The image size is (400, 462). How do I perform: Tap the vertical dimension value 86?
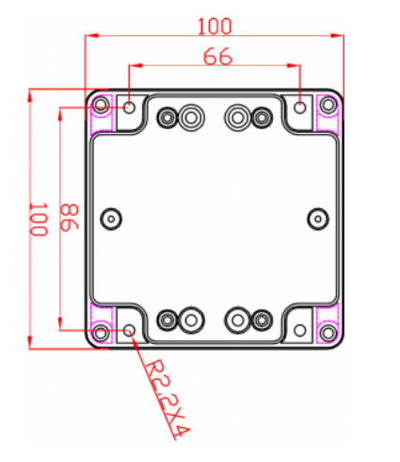click(x=69, y=219)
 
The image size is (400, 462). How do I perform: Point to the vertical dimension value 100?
click(x=39, y=219)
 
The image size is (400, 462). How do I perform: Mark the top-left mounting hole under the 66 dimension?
click(x=130, y=107)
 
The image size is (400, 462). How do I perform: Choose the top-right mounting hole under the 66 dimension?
click(x=300, y=107)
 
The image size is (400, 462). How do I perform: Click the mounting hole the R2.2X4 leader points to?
click(x=130, y=330)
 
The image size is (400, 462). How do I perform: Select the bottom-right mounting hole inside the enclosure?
click(x=300, y=330)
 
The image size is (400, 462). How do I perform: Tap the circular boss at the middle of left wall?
click(x=111, y=219)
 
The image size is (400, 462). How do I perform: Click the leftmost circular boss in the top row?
click(x=168, y=118)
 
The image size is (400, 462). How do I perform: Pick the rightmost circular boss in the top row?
click(x=261, y=118)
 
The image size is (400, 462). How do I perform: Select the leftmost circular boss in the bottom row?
click(x=168, y=320)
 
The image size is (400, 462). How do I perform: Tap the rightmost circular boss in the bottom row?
click(x=261, y=320)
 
